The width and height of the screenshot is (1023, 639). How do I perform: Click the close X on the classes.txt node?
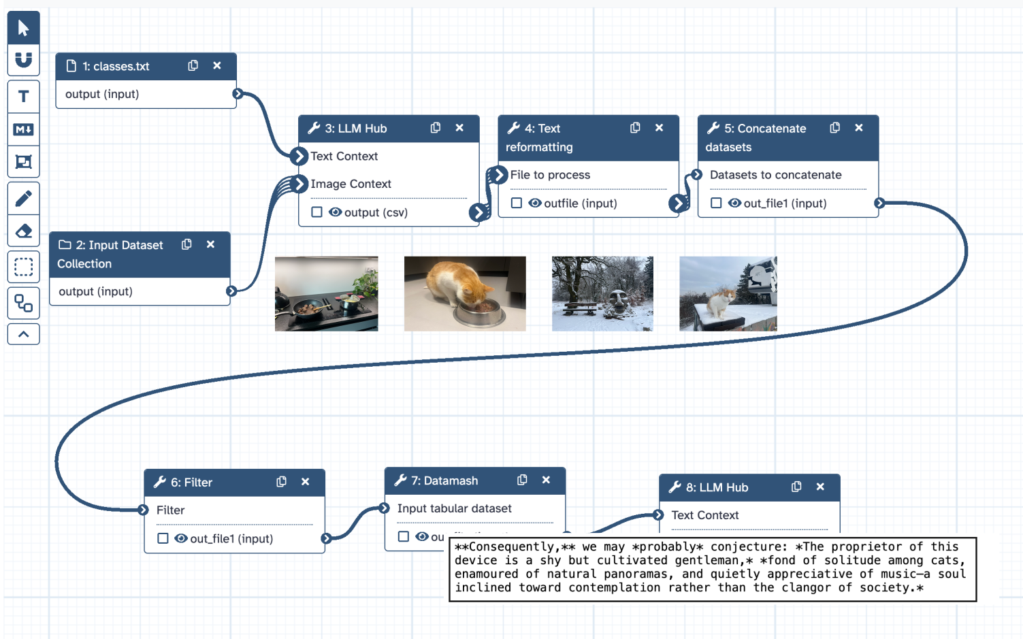click(217, 66)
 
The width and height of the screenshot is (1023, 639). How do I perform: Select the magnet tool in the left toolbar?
click(24, 60)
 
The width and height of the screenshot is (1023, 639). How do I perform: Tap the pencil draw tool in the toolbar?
click(24, 199)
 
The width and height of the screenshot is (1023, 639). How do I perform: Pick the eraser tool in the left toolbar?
click(24, 231)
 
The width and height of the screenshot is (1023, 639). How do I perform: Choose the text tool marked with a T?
click(24, 97)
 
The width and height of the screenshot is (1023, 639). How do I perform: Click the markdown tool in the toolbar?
click(24, 129)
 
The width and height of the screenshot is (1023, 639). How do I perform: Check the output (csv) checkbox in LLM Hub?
click(316, 212)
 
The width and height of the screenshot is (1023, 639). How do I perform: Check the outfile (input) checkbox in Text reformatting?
click(517, 203)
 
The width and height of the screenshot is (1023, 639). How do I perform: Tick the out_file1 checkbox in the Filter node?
click(163, 538)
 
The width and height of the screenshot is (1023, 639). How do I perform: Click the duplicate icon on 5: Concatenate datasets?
click(835, 128)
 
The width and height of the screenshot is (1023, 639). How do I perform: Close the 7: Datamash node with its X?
click(546, 480)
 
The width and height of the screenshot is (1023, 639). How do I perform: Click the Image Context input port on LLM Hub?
click(299, 184)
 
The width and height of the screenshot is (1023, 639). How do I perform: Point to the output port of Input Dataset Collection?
click(231, 291)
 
